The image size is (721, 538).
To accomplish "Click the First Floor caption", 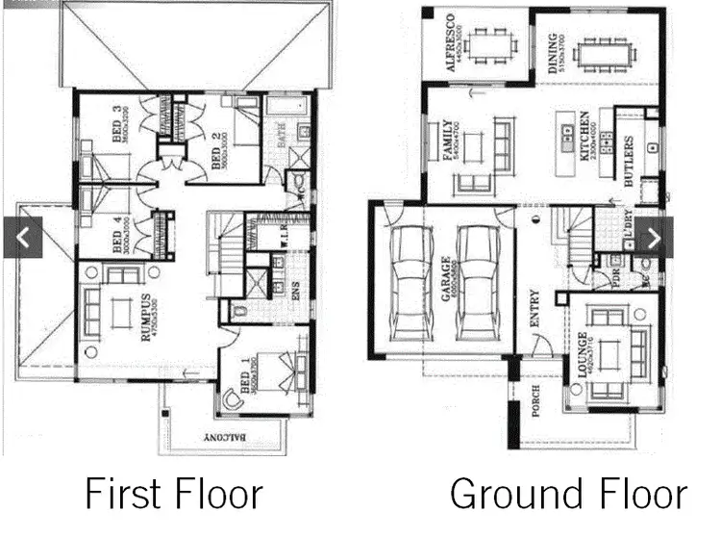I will click(173, 494).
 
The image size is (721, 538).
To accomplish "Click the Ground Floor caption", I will click(568, 494).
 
